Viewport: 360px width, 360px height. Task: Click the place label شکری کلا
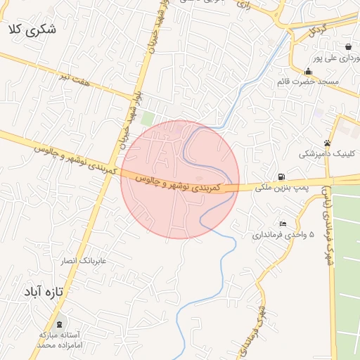(32, 30)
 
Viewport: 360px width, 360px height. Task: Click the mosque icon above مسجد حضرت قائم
(308, 71)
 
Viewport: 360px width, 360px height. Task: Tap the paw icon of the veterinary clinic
(327, 143)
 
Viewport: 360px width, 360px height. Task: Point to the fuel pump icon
(281, 176)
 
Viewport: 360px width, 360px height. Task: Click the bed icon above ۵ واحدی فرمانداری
(283, 224)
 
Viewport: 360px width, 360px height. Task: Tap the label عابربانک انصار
(82, 261)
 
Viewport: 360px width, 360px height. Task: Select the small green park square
(147, 119)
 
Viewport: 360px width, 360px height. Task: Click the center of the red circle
(180, 179)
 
